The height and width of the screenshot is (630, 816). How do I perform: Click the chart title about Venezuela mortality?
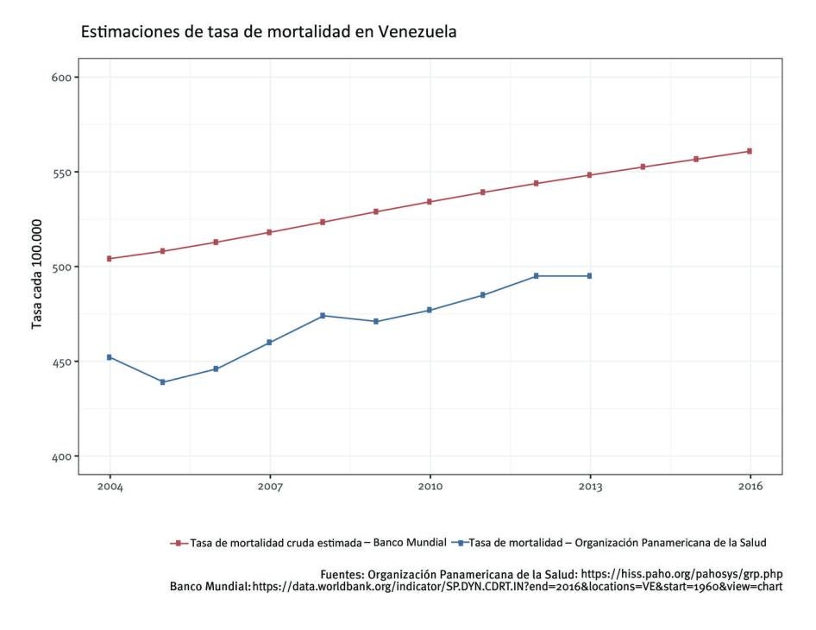(268, 32)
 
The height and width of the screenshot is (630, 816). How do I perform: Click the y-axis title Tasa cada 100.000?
(37, 268)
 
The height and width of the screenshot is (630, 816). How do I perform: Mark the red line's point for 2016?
(750, 151)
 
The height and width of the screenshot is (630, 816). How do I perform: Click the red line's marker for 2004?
(110, 259)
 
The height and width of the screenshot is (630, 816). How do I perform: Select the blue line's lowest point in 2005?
(163, 382)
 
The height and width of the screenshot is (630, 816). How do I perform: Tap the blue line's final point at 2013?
(590, 276)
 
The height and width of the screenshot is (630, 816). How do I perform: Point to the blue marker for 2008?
(323, 316)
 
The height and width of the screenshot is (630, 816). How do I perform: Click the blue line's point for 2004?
(110, 357)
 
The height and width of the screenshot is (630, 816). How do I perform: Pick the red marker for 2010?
(430, 202)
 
